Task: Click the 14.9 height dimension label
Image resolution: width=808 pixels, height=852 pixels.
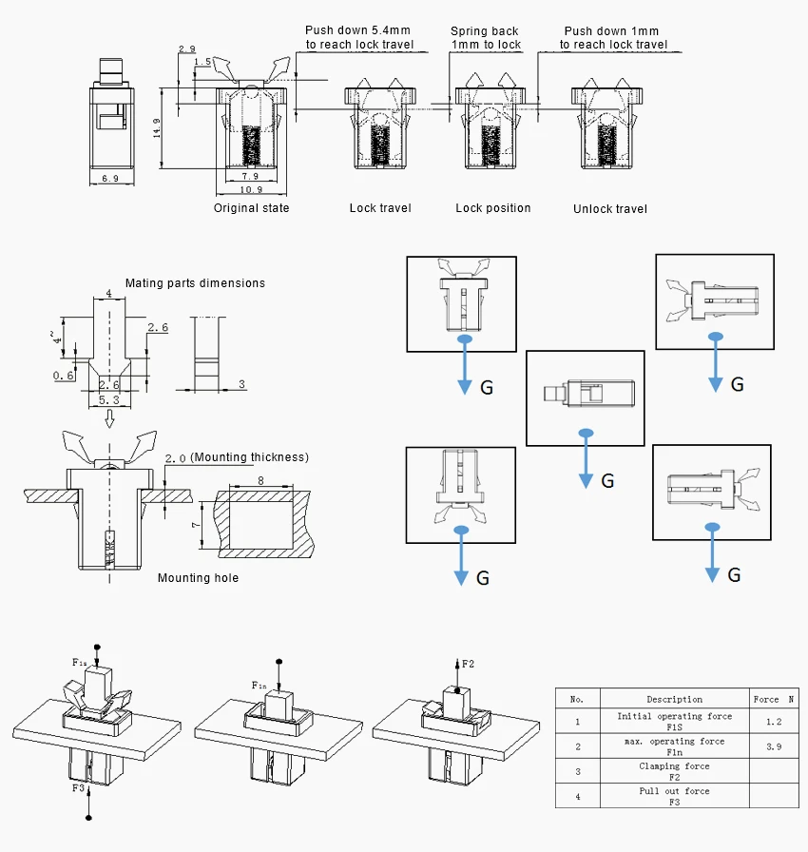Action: pos(157,128)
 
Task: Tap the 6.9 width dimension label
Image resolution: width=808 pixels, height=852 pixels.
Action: pos(110,178)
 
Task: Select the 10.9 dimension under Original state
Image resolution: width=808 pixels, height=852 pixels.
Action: pos(251,189)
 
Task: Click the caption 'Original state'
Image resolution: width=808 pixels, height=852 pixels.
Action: pos(251,208)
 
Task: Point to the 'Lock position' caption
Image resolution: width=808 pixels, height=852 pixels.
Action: pos(493,208)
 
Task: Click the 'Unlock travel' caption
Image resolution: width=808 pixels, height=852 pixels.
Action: pos(610,208)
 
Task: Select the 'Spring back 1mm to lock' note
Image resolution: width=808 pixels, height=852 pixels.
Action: pos(486,37)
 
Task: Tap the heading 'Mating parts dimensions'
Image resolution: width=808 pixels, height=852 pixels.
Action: pos(196,283)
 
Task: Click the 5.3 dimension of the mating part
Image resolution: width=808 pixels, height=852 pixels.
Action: pos(108,400)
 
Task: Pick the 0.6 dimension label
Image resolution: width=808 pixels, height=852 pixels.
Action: pos(63,376)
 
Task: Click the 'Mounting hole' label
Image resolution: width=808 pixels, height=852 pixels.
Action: pos(199,577)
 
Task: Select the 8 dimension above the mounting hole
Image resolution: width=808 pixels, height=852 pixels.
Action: pos(260,480)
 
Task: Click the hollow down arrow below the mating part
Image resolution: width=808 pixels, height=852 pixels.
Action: pos(109,418)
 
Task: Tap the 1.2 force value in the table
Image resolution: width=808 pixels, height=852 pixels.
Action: pos(774,722)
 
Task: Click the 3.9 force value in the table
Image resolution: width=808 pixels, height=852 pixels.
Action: pos(774,746)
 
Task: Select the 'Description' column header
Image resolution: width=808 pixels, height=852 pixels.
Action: pos(674,699)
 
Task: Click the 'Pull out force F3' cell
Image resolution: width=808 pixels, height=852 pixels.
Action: pos(674,796)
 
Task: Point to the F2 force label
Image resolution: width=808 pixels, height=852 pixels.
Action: pos(468,664)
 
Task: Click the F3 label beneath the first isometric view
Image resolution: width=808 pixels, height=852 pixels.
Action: pos(78,787)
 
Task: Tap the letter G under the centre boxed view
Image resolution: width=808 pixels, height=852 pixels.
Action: pos(607,481)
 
